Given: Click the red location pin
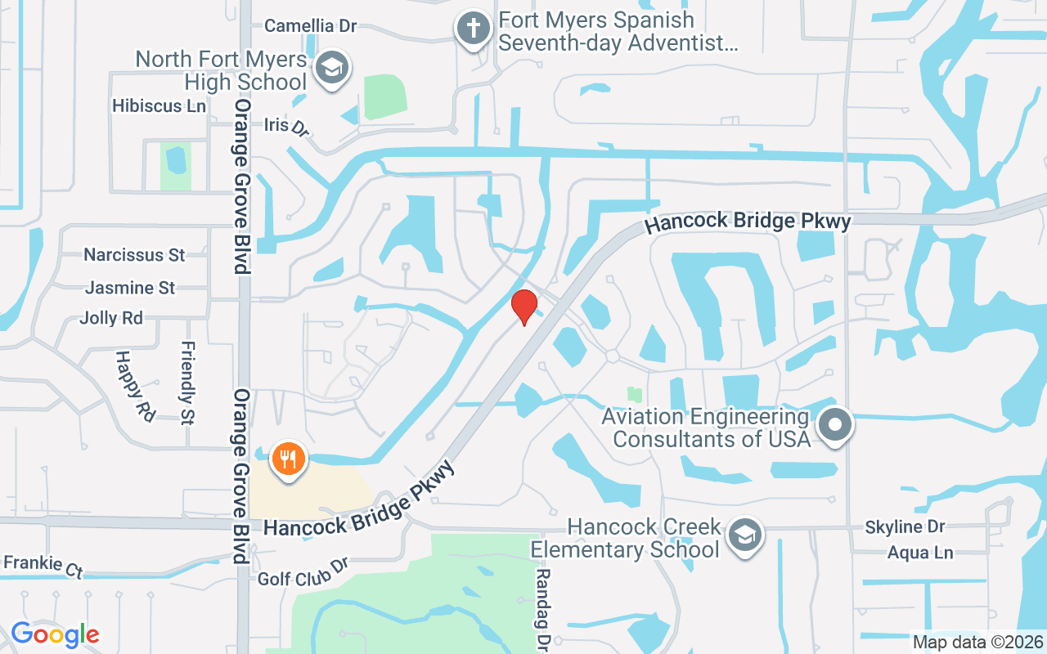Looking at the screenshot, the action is pyautogui.click(x=524, y=307).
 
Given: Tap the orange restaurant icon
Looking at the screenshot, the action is pyautogui.click(x=287, y=459).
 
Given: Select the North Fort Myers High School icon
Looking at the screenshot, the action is pyautogui.click(x=331, y=67).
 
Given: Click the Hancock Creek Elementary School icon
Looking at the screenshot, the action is pyautogui.click(x=745, y=536).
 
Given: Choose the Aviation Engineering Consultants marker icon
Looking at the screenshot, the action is pyautogui.click(x=836, y=425).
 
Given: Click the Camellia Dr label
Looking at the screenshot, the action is pyautogui.click(x=311, y=26).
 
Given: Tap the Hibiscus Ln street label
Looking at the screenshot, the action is pyautogui.click(x=160, y=106).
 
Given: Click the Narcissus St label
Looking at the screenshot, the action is pyautogui.click(x=134, y=255).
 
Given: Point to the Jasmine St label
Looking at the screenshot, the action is pyautogui.click(x=130, y=288).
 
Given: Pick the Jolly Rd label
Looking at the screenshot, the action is pyautogui.click(x=111, y=318).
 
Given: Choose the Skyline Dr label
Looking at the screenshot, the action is pyautogui.click(x=905, y=527).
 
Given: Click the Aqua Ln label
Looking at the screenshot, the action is pyautogui.click(x=920, y=553).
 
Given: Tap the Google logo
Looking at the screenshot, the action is pyautogui.click(x=55, y=634).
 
